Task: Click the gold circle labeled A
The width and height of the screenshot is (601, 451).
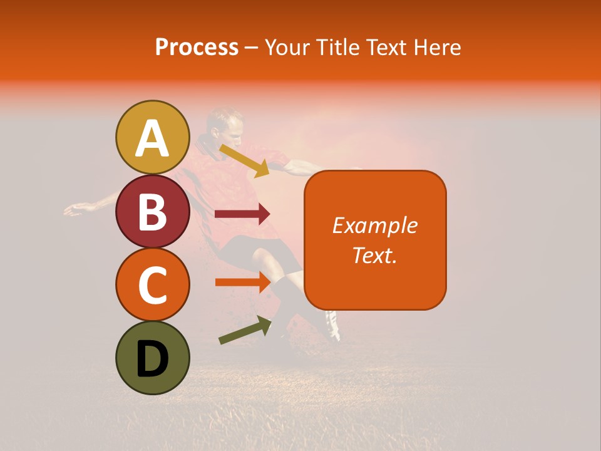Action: pyautogui.click(x=153, y=137)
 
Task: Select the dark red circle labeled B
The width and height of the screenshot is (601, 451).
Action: pyautogui.click(x=153, y=211)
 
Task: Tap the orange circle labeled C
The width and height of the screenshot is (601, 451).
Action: pyautogui.click(x=153, y=284)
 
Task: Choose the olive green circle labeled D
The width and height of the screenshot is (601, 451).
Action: pyautogui.click(x=153, y=358)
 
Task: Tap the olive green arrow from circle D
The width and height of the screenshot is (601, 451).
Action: pyautogui.click(x=244, y=331)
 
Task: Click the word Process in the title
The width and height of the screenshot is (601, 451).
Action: pyautogui.click(x=197, y=47)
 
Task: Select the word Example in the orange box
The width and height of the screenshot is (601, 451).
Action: pyautogui.click(x=374, y=225)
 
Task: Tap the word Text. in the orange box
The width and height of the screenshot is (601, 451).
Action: pyautogui.click(x=374, y=255)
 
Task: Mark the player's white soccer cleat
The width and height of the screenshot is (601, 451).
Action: pyautogui.click(x=332, y=326)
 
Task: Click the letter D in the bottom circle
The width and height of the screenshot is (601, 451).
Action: pyautogui.click(x=153, y=360)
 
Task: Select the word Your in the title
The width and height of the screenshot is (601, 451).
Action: pyautogui.click(x=286, y=47)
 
